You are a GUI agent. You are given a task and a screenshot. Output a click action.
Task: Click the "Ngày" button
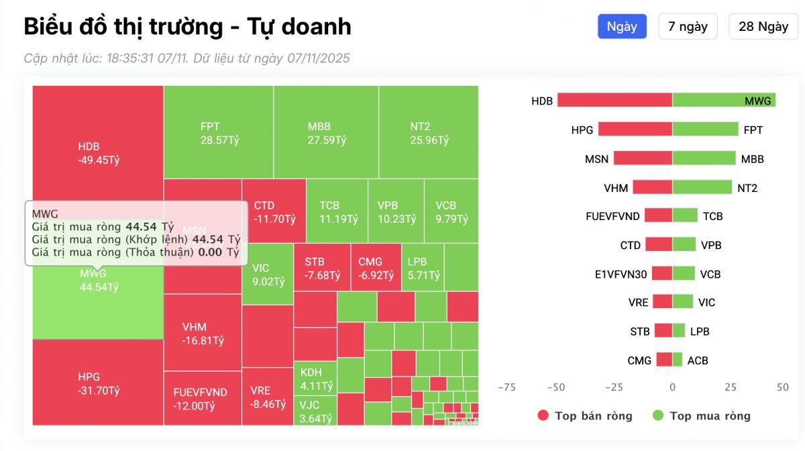tap(622, 27)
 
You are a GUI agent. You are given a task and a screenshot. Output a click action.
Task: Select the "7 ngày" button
tap(688, 27)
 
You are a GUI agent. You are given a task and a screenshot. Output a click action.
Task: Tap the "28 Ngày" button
tap(763, 27)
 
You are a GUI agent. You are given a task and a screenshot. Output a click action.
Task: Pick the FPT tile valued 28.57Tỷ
tap(219, 133)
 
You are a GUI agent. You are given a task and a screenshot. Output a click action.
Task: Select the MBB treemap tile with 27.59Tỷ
tap(326, 133)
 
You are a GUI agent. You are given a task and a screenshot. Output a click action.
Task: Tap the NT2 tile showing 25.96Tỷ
tap(429, 133)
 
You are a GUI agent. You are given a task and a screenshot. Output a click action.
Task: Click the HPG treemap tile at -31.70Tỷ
tap(98, 383)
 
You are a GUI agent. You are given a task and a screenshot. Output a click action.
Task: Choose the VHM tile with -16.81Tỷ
tap(203, 333)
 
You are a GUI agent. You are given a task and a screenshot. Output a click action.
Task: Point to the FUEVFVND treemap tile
tap(203, 399)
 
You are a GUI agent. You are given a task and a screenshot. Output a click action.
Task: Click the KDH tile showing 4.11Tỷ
tap(315, 379)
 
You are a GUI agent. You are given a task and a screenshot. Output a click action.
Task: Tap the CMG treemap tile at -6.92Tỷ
tap(376, 268)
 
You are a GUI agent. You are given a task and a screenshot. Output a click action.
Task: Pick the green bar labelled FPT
tap(705, 130)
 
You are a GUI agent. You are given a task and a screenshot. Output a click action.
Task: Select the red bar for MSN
tap(643, 158)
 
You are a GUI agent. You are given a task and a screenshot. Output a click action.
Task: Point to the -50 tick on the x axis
tap(556, 387)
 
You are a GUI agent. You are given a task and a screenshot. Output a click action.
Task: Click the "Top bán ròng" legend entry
tap(585, 415)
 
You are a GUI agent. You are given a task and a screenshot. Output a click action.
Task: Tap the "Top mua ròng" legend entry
tap(702, 415)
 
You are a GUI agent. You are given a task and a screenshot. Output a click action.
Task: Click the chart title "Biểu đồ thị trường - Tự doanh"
tap(188, 27)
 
